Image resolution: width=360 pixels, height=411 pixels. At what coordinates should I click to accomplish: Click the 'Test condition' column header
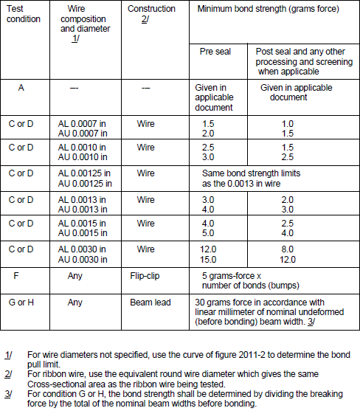pos(24,14)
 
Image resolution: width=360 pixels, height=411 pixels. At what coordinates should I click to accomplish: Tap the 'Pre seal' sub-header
pos(215,52)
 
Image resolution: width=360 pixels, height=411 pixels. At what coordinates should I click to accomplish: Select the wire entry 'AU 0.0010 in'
pos(83,157)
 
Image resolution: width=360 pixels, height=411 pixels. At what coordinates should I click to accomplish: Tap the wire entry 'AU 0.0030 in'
pos(83,260)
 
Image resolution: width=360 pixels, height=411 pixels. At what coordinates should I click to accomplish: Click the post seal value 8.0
pos(288,249)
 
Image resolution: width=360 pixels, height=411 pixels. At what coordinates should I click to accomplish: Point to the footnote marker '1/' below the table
pos(8,353)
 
